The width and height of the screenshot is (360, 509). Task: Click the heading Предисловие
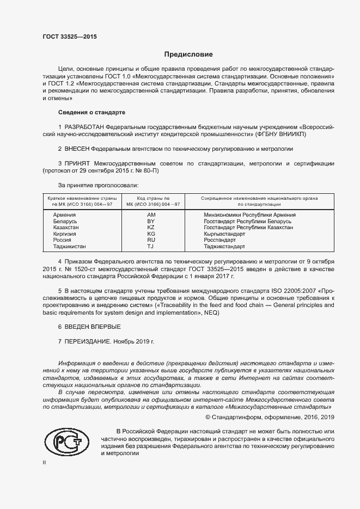pyautogui.click(x=189, y=54)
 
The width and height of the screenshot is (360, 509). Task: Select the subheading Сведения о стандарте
pyautogui.click(x=92, y=112)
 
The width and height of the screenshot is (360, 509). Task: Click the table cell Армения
pyautogui.click(x=64, y=216)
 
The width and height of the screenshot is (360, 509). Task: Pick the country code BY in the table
pyautogui.click(x=151, y=222)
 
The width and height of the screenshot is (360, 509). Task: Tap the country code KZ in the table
pyautogui.click(x=151, y=228)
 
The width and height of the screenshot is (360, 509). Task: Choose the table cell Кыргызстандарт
pyautogui.click(x=224, y=234)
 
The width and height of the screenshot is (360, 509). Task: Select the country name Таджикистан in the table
pyautogui.click(x=69, y=246)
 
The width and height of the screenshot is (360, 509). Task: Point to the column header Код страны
pyautogui.click(x=153, y=199)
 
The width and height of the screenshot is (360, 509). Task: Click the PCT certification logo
pyautogui.click(x=66, y=441)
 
